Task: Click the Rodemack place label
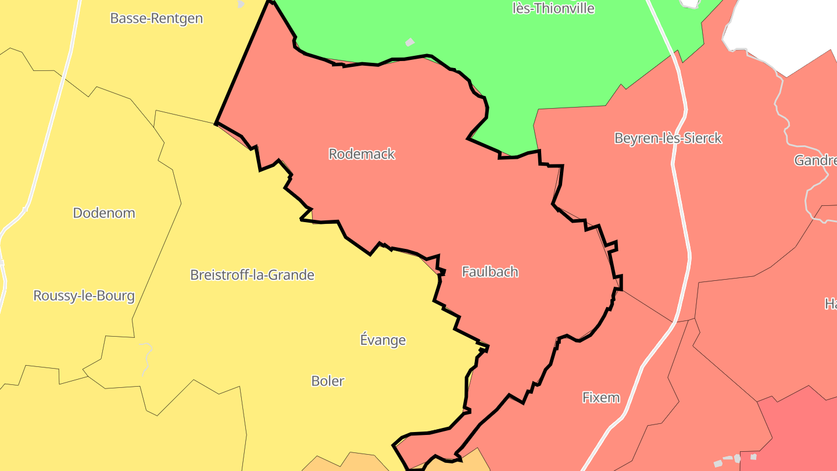[x=362, y=154]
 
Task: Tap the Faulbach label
[x=489, y=272]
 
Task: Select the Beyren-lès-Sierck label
[x=668, y=138]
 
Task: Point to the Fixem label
[x=601, y=398]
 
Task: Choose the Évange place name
[x=382, y=340]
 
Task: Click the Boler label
[x=328, y=381]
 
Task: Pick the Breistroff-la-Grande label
[x=252, y=275]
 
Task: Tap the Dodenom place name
[x=104, y=213]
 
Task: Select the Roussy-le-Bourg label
[x=84, y=296]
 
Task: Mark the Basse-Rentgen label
[x=156, y=19]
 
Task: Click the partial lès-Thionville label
[x=553, y=8]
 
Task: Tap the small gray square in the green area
[x=410, y=42]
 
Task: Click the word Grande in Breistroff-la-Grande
[x=293, y=275]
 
